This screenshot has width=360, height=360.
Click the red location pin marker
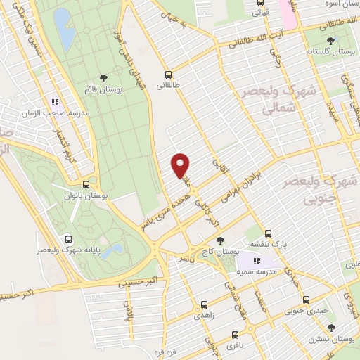(x=181, y=165)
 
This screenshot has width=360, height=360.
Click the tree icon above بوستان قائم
(x=104, y=78)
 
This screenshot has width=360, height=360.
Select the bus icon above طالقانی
(x=168, y=74)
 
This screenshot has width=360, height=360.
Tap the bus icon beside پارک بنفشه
(x=268, y=234)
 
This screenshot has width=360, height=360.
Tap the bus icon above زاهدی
(x=204, y=306)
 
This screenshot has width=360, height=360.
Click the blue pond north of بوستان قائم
(x=64, y=25)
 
